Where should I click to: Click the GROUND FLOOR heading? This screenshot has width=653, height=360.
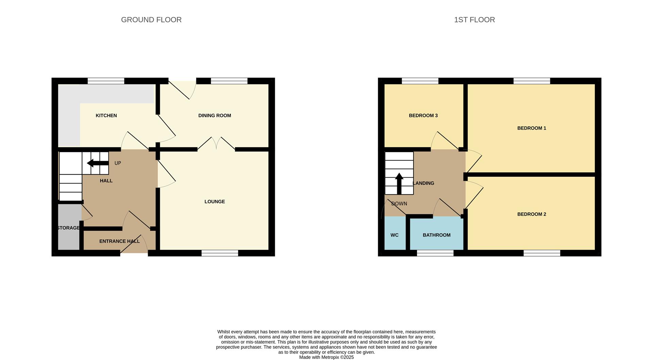tap(151, 20)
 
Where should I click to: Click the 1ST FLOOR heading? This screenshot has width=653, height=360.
tap(474, 20)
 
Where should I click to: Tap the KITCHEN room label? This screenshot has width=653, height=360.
tap(106, 116)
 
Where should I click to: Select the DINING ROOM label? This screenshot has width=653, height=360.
tap(215, 116)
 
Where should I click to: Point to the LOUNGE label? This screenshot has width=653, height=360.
tap(215, 202)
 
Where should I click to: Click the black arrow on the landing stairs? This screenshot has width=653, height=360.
tap(399, 183)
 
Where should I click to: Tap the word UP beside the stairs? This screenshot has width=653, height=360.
tap(118, 163)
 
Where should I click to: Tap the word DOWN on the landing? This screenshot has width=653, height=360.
tap(399, 204)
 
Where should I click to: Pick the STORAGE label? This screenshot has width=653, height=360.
tap(68, 228)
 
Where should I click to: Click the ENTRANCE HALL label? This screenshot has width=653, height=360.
tap(119, 241)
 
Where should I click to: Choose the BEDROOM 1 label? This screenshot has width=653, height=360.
tap(531, 128)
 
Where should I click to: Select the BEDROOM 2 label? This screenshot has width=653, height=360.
tap(531, 214)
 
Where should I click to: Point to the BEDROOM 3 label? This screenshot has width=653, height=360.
tap(423, 116)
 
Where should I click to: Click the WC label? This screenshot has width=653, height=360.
tap(394, 235)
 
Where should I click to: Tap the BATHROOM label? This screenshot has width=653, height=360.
tap(436, 235)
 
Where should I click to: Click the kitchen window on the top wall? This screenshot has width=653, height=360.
tap(106, 81)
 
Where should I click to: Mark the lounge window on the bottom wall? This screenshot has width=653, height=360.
tap(220, 253)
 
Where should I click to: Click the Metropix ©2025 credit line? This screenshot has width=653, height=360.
tap(326, 357)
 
